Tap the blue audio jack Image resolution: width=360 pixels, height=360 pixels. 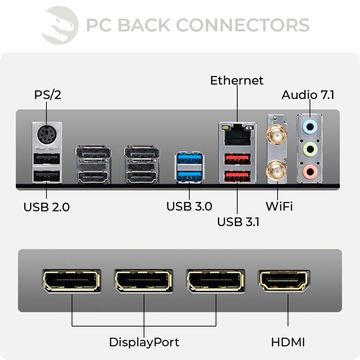(x=310, y=127)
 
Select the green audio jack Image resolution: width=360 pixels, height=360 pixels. (x=310, y=150)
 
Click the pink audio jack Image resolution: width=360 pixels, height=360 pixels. (x=310, y=172)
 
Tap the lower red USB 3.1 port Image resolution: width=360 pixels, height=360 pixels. (x=237, y=177)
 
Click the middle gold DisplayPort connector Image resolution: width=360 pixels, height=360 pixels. (x=143, y=281)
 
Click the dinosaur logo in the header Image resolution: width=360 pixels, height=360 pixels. (x=60, y=24)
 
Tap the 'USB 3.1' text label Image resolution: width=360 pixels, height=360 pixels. (x=238, y=222)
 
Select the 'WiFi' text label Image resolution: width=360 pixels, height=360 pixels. (x=279, y=207)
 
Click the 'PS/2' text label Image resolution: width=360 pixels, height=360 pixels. (x=47, y=95)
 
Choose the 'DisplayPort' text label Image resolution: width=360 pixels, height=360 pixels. (x=144, y=342)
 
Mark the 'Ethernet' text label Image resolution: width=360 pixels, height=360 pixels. (x=237, y=81)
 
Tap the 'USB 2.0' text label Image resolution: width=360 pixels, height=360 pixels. (x=46, y=207)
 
